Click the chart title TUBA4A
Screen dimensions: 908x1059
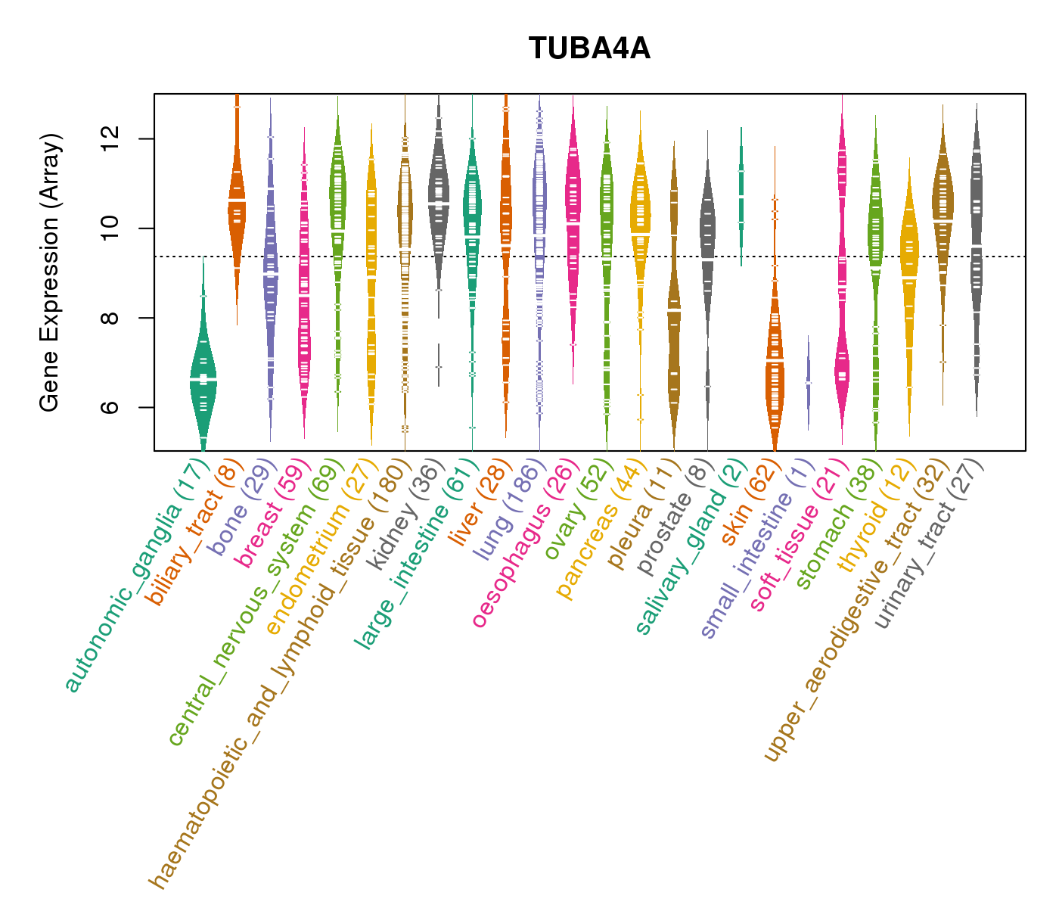pos(589,49)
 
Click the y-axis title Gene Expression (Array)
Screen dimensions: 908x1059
pos(50,272)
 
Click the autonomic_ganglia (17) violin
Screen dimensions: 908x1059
pos(203,378)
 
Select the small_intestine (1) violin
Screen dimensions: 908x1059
pos(809,382)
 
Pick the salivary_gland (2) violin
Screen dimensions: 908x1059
pos(741,197)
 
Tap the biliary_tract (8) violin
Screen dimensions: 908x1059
pos(237,204)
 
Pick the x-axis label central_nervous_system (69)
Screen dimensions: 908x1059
pos(257,602)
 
